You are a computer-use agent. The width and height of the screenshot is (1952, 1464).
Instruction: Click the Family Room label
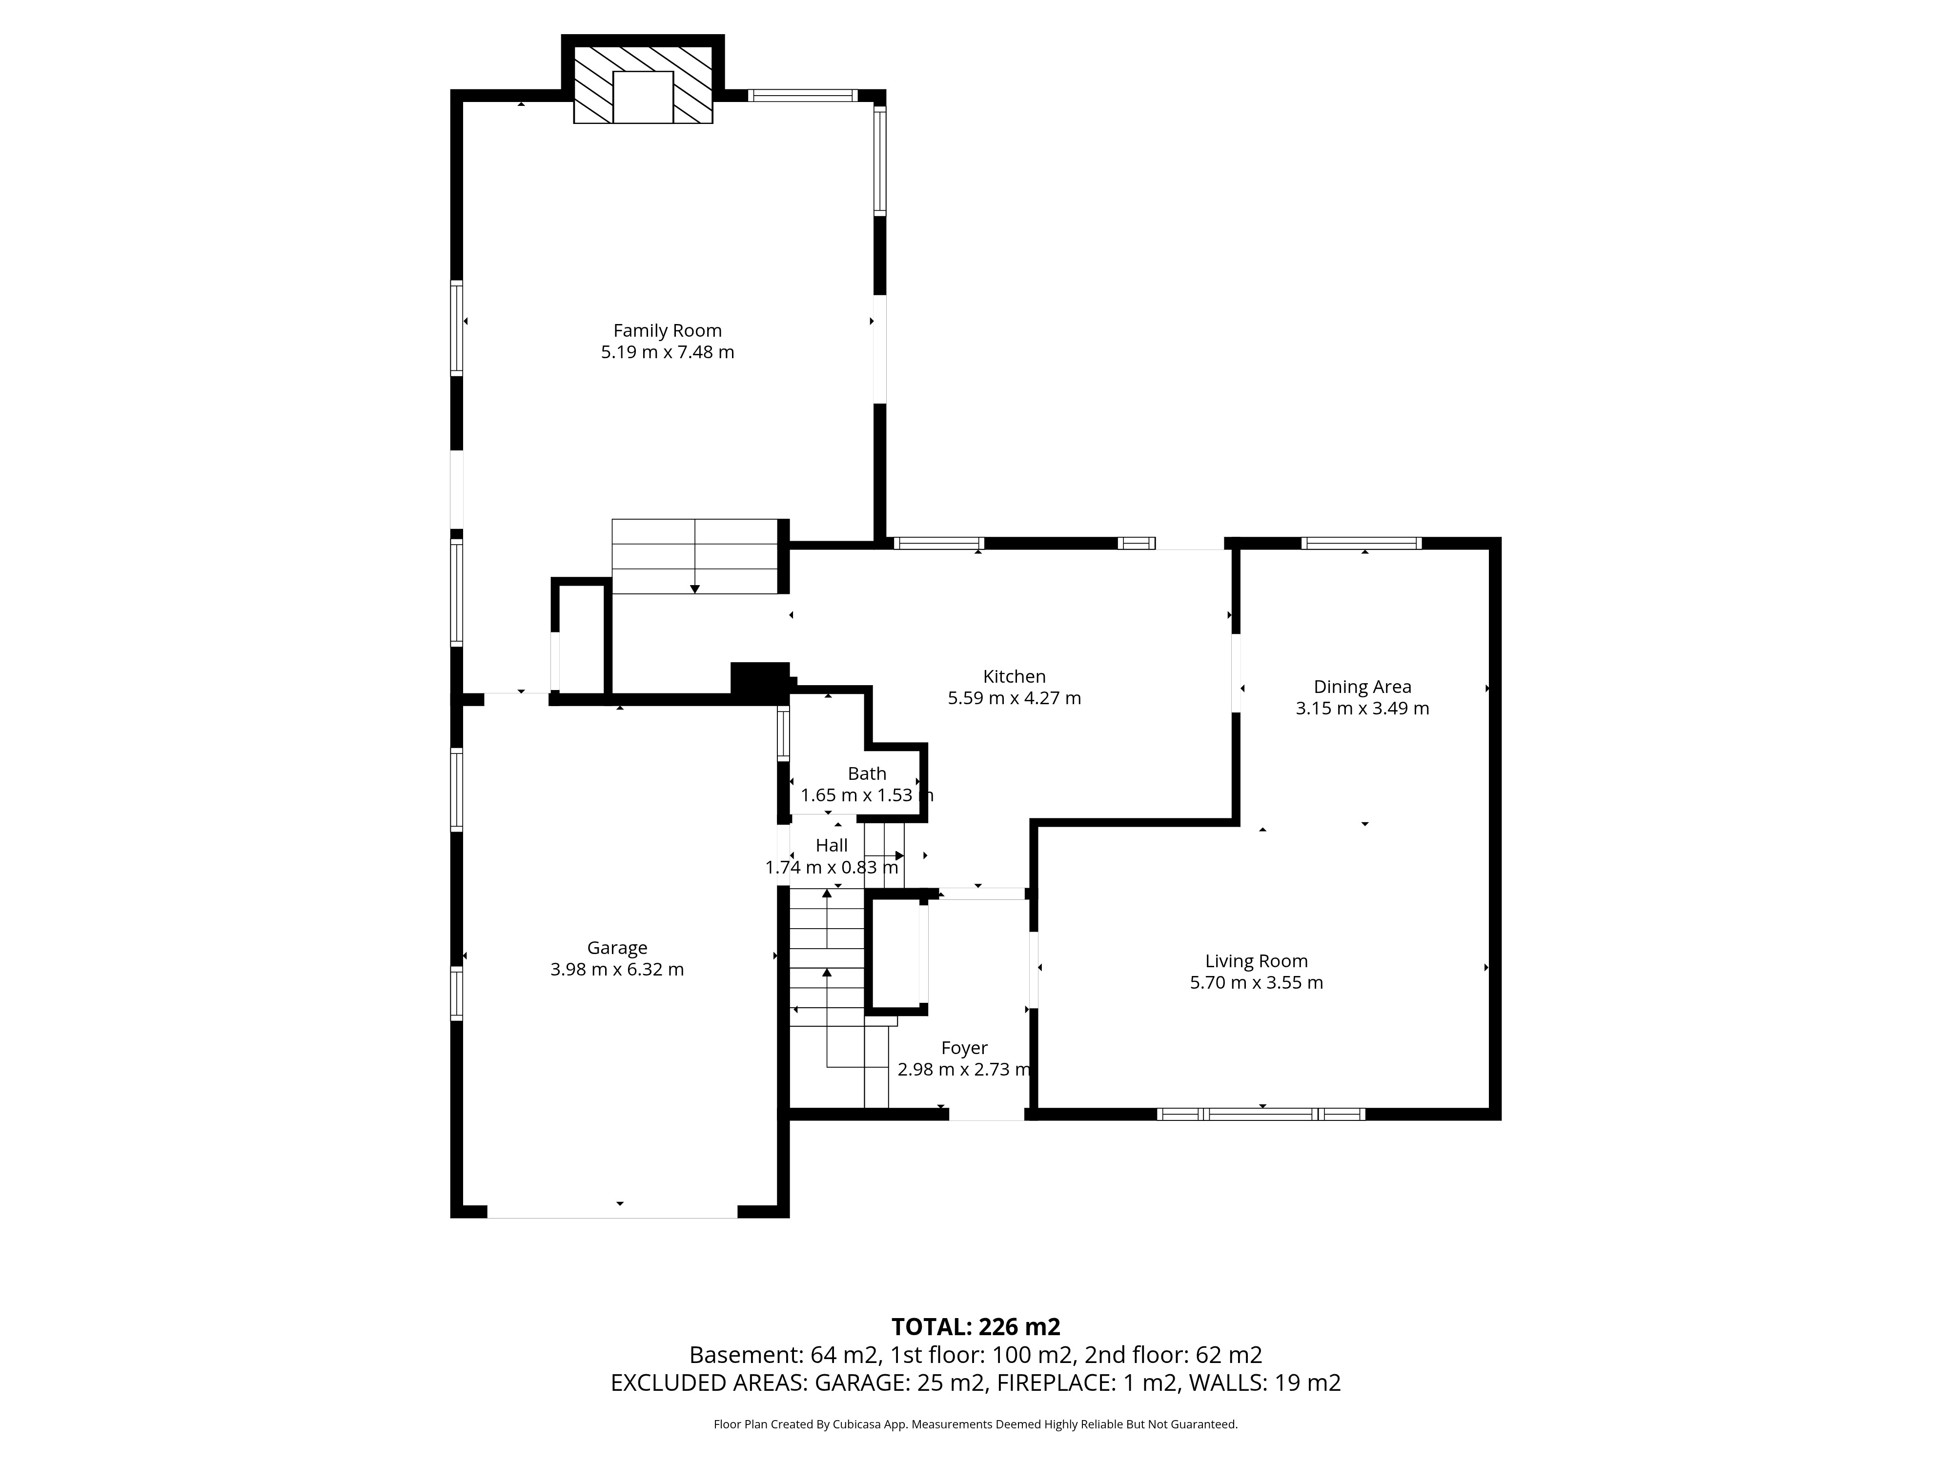(667, 331)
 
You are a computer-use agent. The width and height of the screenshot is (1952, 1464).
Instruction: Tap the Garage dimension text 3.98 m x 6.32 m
(617, 969)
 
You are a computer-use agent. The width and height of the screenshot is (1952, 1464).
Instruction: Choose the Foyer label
(964, 1048)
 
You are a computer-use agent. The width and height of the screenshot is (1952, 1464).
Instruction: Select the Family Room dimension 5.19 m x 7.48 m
(667, 352)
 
